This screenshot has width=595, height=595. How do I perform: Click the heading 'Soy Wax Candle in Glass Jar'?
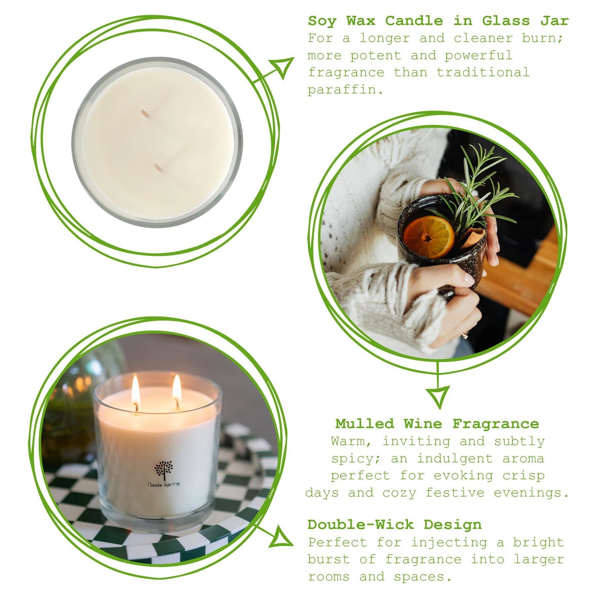coord(438,21)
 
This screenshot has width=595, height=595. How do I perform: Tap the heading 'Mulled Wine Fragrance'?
coord(437,424)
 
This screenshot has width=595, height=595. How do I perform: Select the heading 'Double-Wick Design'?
coord(395,524)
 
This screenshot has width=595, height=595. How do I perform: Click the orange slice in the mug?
coord(428,236)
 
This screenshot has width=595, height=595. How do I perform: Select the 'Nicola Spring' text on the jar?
coord(164,484)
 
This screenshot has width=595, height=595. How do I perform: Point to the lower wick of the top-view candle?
coord(158,168)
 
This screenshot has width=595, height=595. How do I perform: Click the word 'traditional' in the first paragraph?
coord(483,72)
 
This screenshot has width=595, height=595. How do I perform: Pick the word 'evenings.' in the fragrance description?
coord(532,493)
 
